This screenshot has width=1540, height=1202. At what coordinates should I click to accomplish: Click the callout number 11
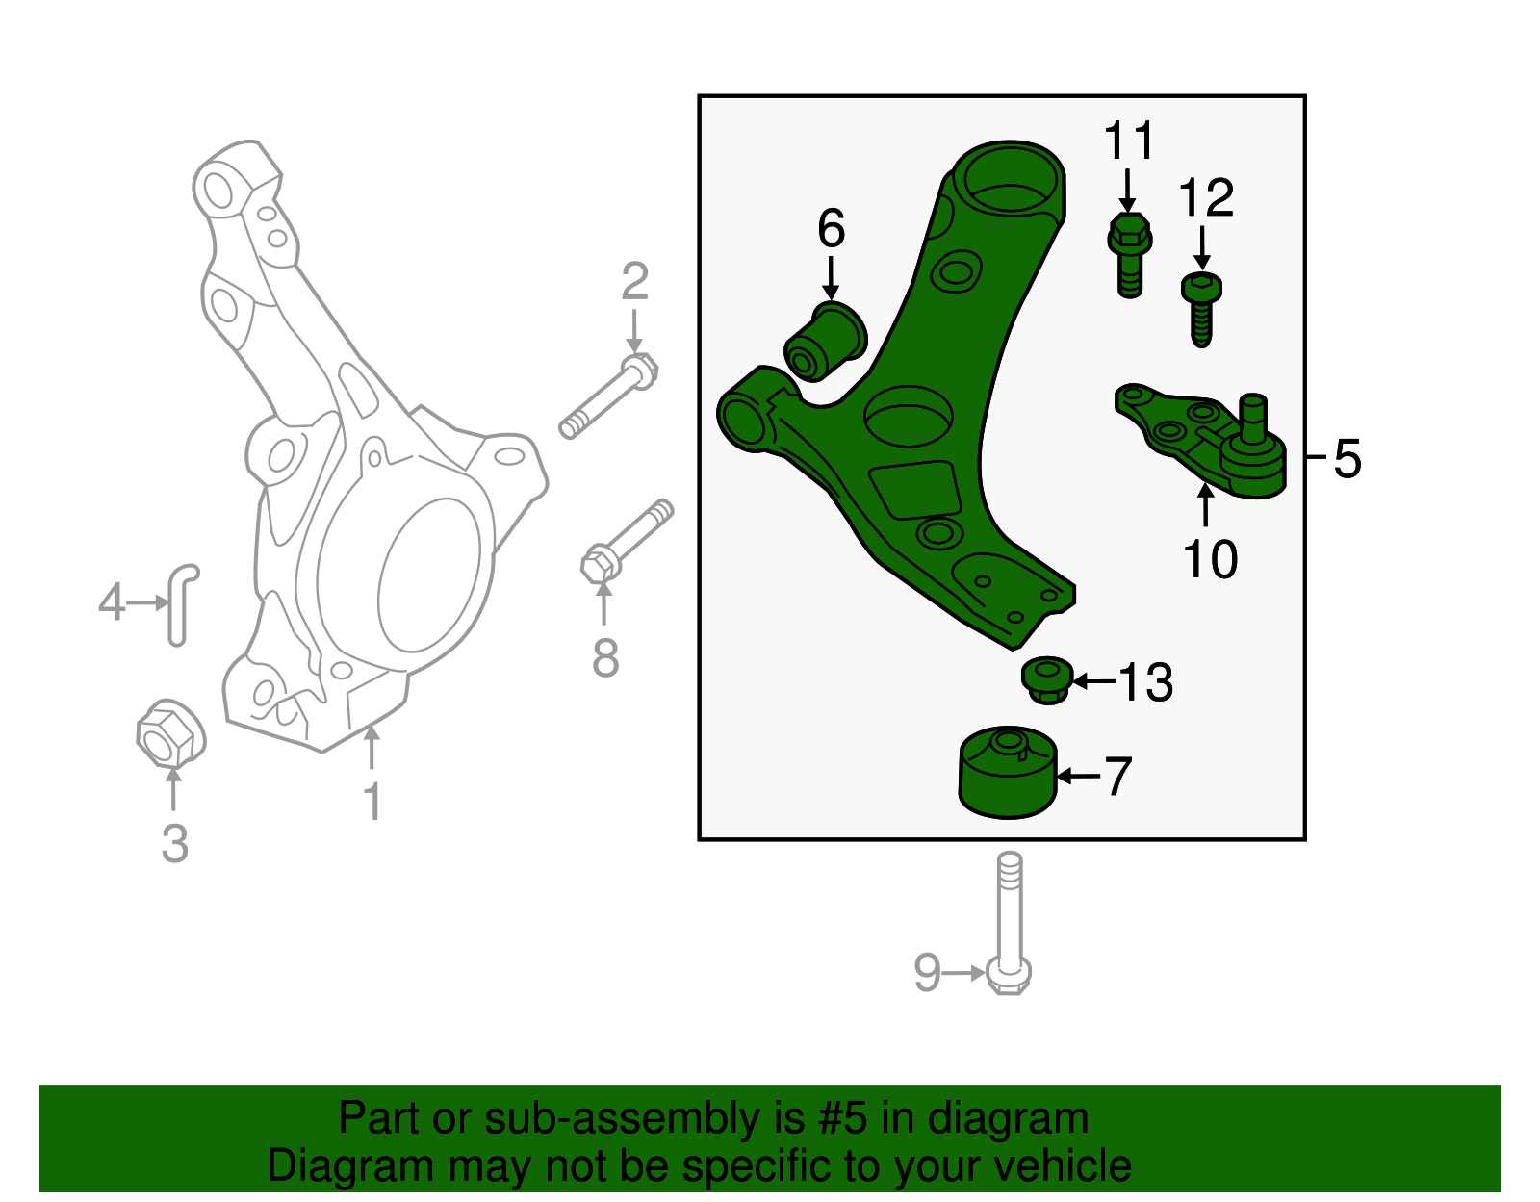pos(1128,141)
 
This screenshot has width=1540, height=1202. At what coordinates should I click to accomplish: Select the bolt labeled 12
pos(1200,307)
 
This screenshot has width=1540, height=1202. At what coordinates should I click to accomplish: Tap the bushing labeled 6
pos(825,342)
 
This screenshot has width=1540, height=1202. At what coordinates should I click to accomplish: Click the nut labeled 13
pos(1047,679)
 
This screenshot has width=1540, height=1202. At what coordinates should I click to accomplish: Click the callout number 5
pos(1347,459)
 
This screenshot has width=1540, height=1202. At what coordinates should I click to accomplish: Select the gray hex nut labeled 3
pos(170,735)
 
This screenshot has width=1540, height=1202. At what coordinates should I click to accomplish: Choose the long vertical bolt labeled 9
pos(1009,924)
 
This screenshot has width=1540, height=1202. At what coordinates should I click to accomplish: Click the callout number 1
pos(372,802)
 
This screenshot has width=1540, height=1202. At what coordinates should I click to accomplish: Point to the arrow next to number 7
pos(1078,775)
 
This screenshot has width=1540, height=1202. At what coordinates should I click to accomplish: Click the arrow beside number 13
pos(1093,681)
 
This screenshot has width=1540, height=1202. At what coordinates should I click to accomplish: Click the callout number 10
pos(1210,559)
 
